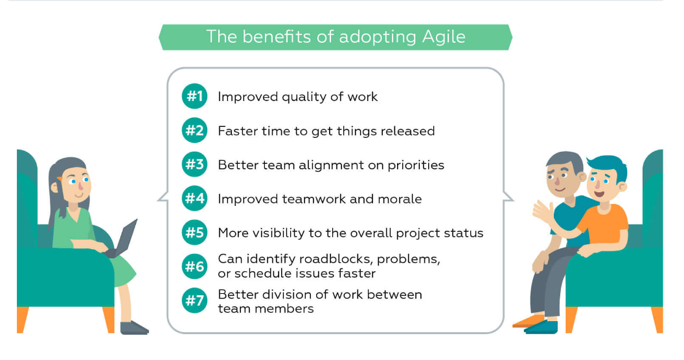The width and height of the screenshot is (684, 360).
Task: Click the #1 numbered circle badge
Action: click(194, 96)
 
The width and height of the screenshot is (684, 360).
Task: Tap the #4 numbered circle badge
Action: click(194, 199)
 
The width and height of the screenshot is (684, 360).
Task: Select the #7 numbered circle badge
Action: click(194, 300)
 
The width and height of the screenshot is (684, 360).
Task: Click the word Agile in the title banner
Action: click(444, 38)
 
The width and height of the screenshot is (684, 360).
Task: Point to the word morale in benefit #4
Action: click(400, 199)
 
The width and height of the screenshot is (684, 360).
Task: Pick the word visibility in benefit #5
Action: click(275, 233)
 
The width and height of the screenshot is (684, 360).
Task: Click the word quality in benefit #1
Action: click(304, 97)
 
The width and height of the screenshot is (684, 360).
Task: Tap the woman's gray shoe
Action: click(133, 328)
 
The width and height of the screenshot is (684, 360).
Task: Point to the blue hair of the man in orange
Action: click(608, 166)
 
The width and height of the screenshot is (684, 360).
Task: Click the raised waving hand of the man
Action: click(542, 211)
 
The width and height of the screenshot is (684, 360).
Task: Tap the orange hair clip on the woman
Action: click(60, 179)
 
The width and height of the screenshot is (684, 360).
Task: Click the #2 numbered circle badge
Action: click(194, 130)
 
